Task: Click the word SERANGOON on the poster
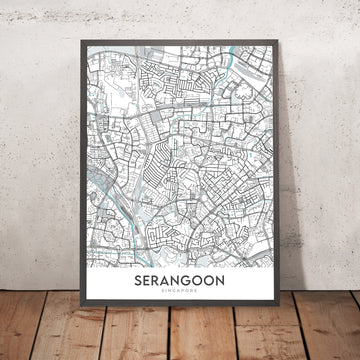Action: coord(185,284)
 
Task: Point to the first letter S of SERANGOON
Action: coord(136,284)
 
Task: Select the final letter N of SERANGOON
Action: coord(234,284)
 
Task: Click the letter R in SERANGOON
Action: coord(159,284)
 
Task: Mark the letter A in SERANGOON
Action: coord(171,284)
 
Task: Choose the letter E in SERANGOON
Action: coord(147,284)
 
